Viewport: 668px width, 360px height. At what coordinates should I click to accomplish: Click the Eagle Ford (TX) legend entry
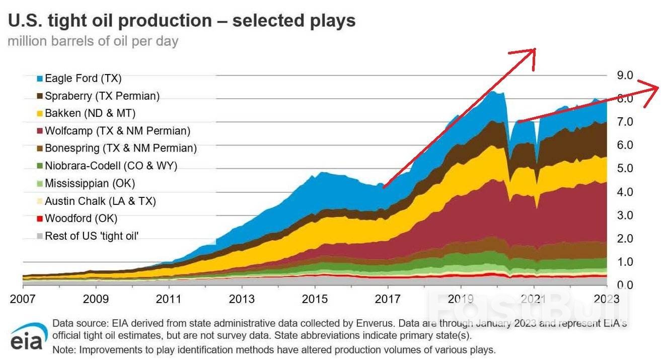tap(83, 79)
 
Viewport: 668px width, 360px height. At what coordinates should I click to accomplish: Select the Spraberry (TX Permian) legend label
tap(102, 96)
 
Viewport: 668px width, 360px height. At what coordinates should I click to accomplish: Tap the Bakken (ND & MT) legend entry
tap(90, 113)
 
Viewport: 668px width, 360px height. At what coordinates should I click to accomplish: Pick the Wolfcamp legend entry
tap(117, 131)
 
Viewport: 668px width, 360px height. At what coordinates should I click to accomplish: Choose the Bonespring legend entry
tap(120, 149)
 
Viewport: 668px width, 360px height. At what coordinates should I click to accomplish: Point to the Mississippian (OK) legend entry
tap(90, 183)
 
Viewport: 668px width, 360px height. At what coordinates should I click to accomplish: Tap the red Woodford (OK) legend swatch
tap(40, 219)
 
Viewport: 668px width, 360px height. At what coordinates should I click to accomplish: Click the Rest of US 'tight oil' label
tap(92, 236)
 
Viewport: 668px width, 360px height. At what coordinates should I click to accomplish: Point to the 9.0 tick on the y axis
tap(625, 76)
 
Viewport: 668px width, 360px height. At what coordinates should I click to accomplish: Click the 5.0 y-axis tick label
tap(625, 169)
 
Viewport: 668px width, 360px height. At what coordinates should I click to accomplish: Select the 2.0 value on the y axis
tap(625, 239)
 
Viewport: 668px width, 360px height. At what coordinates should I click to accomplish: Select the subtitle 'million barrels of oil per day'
tap(93, 41)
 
